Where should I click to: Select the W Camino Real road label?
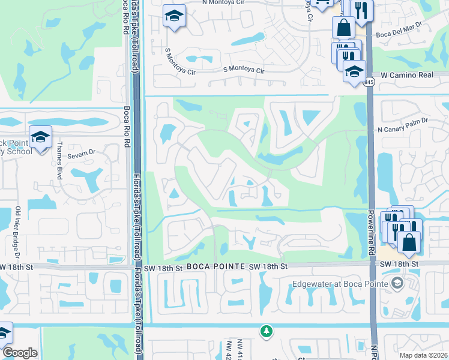[407, 75]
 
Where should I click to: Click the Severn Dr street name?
[83, 152]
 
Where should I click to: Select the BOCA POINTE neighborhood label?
[208, 266]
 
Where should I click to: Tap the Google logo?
[19, 353]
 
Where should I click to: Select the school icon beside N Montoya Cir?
[174, 16]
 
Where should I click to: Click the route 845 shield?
[369, 82]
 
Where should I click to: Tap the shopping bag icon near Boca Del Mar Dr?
[343, 27]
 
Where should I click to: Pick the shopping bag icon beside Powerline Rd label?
[408, 242]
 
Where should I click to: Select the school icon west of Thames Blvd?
[40, 137]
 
